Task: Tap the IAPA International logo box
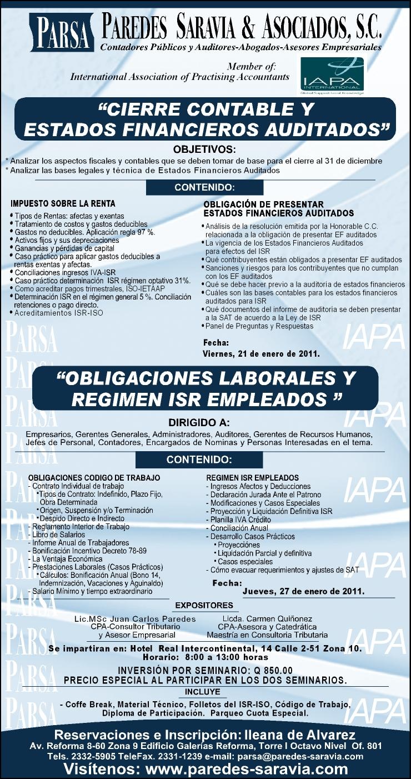tap(333, 74)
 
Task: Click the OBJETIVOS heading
tap(204, 149)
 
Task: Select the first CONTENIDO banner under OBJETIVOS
tap(204, 188)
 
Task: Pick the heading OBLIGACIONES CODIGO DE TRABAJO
tap(94, 477)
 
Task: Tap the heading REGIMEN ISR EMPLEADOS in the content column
tap(252, 477)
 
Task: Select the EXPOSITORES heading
tap(204, 605)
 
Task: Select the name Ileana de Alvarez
tap(300, 735)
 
